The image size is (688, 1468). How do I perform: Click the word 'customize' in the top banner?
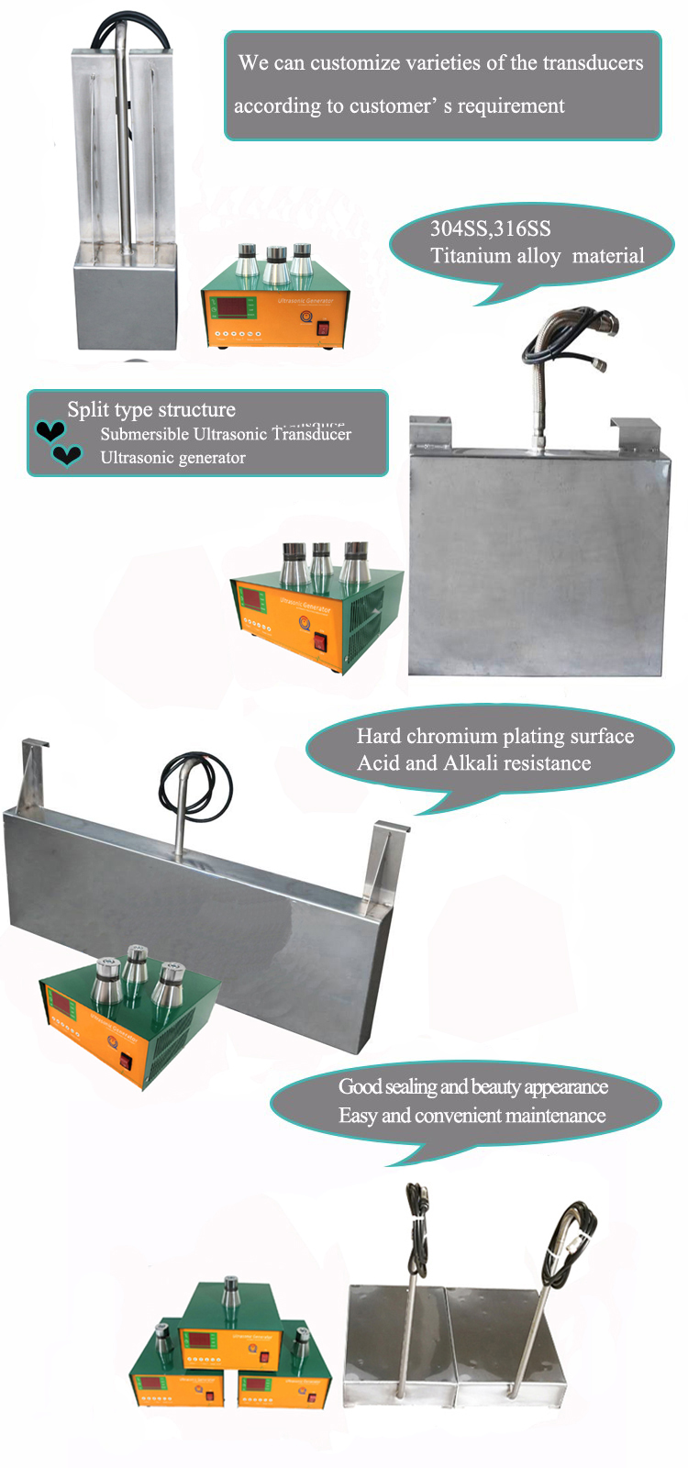click(352, 63)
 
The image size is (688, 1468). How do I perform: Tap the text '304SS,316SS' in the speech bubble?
click(490, 229)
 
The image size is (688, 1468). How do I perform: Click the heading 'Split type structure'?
click(151, 409)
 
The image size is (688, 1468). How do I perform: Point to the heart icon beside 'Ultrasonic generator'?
click(67, 454)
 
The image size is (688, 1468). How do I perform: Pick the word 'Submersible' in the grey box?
click(145, 434)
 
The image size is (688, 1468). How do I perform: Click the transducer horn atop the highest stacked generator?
click(230, 1292)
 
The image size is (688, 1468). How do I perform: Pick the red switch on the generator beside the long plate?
click(126, 1061)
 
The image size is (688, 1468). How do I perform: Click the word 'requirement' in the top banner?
click(511, 106)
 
